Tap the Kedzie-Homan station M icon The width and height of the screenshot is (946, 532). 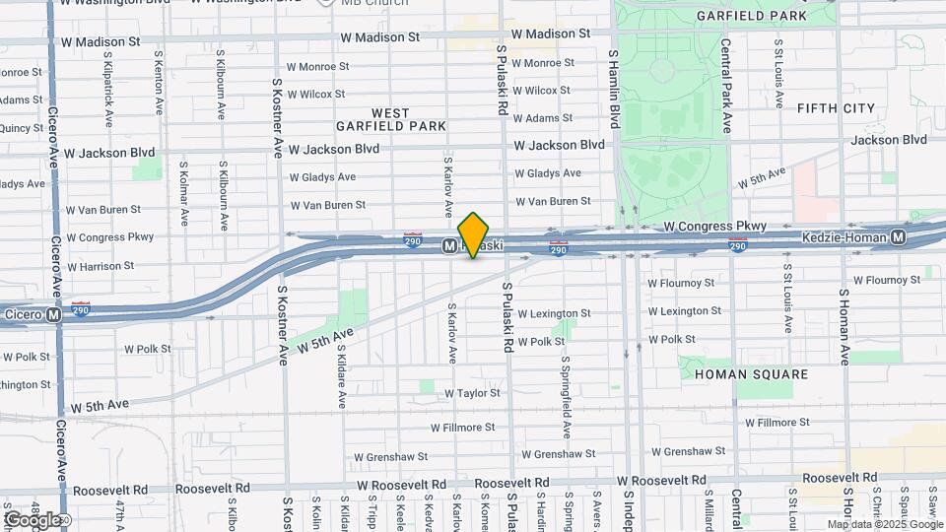coord(899,237)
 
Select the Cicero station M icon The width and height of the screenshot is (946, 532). coord(54,314)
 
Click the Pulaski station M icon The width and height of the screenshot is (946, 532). coord(449,244)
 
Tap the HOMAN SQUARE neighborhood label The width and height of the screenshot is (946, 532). coord(751,374)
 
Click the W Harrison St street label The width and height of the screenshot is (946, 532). coord(100,266)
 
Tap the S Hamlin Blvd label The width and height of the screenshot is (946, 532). coord(613,90)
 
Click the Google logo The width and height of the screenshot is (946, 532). coord(33,519)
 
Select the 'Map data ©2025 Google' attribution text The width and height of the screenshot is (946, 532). coord(884,524)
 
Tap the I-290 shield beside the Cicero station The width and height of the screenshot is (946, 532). coord(82,309)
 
